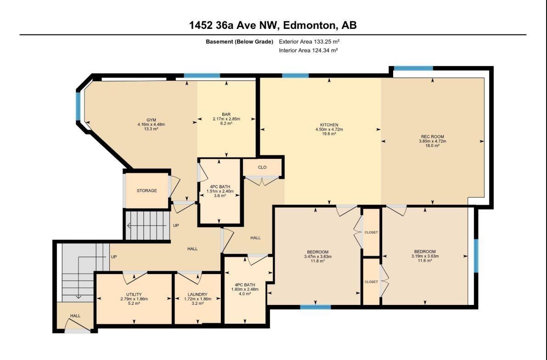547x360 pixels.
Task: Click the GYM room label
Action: [x=152, y=120]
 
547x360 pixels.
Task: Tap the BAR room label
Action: [x=226, y=114]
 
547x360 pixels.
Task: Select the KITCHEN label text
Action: [x=329, y=125]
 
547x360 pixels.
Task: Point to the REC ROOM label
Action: [x=433, y=137]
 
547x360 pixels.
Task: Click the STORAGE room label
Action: [x=147, y=191]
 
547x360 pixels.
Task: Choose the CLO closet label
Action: [x=262, y=168]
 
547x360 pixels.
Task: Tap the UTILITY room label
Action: [x=134, y=294]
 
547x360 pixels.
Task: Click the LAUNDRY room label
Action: [x=197, y=294]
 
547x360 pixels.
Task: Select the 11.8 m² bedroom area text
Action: [x=317, y=261]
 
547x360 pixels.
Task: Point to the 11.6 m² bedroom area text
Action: [x=425, y=260]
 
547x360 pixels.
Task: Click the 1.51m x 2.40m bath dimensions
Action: [x=220, y=191]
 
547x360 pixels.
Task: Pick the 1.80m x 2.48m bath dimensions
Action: [x=245, y=289]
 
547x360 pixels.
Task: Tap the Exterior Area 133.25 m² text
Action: [x=310, y=41]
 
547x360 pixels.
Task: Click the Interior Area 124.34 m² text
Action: [x=308, y=50]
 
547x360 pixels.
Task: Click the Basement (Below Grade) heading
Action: [x=239, y=42]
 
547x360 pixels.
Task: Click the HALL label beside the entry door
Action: [x=75, y=316]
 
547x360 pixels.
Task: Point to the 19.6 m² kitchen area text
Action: [x=329, y=134]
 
